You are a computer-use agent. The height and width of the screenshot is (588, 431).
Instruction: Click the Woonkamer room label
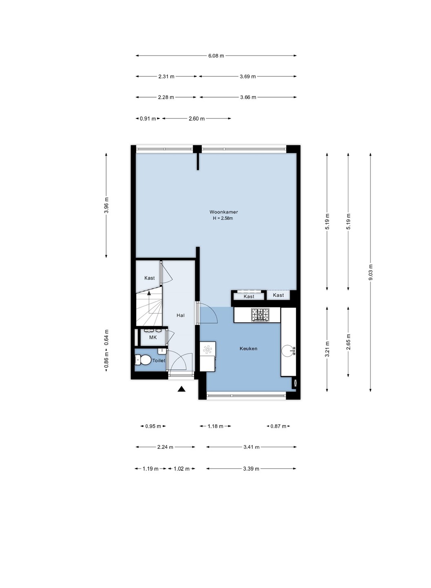coord(224,212)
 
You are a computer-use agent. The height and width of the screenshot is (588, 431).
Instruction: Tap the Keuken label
coord(249,349)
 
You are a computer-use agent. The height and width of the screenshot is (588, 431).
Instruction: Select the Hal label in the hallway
coord(180,315)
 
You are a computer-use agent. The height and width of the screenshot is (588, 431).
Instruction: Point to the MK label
coord(153,337)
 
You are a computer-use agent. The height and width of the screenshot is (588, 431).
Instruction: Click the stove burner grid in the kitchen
coord(260,315)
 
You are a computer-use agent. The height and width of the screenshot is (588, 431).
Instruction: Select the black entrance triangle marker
coord(181,389)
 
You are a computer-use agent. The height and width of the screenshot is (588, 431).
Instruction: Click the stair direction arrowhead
coord(149,293)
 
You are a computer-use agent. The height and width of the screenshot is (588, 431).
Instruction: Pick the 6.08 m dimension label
coord(216,56)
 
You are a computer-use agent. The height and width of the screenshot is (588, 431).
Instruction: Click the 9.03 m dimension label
coord(371,272)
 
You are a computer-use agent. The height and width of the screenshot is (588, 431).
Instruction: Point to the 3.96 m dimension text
coord(106,205)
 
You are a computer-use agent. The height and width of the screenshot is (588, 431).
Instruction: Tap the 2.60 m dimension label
coord(196,119)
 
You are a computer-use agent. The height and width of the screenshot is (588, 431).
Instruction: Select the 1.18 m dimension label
coord(215,426)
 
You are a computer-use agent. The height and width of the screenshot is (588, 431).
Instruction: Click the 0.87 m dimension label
coord(278,426)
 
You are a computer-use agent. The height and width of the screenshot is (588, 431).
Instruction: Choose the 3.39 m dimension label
coord(251,469)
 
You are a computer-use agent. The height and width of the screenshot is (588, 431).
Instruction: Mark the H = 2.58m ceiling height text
coord(223,218)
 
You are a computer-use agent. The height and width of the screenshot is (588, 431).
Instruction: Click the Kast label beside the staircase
coord(149,278)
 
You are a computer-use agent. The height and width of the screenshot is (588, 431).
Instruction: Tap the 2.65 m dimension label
coord(349,342)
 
